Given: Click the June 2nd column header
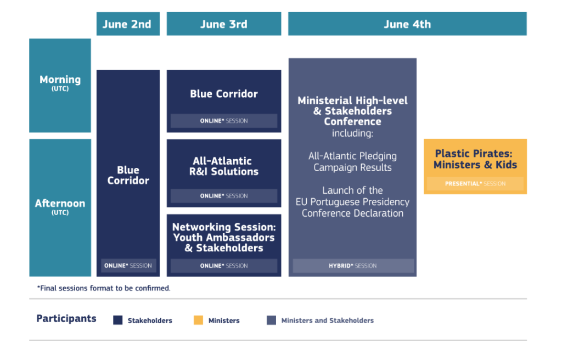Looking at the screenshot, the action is pos(128,24).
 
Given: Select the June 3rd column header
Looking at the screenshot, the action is pos(224,24).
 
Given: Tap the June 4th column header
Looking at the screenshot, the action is pos(407,24).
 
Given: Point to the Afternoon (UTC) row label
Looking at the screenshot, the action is pos(60,207).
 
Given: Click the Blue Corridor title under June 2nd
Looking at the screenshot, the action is pos(128,175).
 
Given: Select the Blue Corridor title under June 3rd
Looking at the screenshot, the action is pos(224,94).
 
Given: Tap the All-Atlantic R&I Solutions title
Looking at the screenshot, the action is pos(224,166).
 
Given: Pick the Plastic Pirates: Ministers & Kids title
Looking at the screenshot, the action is pos(475,159).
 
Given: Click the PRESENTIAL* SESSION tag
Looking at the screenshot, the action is pos(475,184).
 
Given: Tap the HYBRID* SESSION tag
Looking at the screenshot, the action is pos(353,266).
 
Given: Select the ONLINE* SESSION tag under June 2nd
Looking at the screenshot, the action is pos(128,266).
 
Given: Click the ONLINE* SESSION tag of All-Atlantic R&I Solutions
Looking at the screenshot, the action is pos(224,196).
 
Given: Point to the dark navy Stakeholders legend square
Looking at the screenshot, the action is pos(118,320).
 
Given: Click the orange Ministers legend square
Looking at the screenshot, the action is pos(198,320).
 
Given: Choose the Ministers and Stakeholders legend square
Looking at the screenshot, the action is pos(271,320).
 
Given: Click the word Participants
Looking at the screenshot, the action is pos(66,318).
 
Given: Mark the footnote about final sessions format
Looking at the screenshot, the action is pos(104,288).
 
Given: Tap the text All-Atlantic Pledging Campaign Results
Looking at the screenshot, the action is pos(353,162).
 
